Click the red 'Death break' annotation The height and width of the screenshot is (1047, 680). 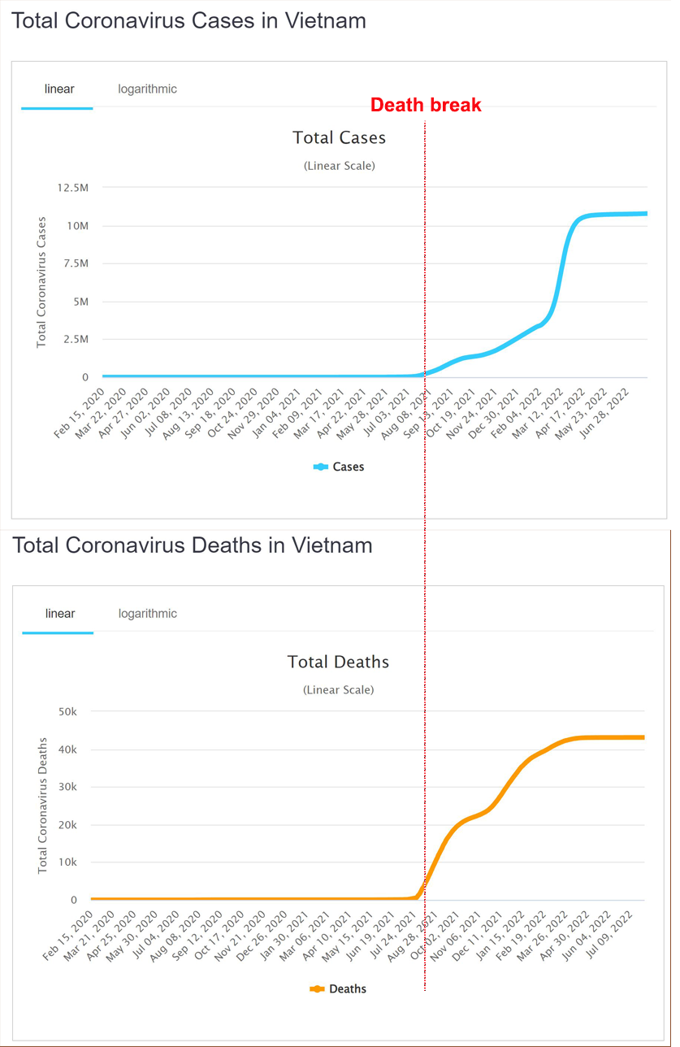click(x=426, y=105)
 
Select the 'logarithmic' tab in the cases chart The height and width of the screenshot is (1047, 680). click(x=147, y=89)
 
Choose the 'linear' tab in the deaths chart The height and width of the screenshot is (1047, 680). click(x=59, y=613)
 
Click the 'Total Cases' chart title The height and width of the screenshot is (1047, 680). click(x=339, y=137)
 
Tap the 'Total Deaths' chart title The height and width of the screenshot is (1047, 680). click(x=338, y=662)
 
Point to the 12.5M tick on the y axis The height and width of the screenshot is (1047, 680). click(x=73, y=188)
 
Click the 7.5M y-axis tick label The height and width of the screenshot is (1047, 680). click(x=76, y=263)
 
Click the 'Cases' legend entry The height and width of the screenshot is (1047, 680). click(x=339, y=467)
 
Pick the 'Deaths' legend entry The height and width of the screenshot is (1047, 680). click(x=339, y=988)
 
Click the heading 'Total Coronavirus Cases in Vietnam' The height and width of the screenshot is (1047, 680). click(x=188, y=20)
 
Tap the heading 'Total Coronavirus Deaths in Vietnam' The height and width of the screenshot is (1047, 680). click(x=193, y=545)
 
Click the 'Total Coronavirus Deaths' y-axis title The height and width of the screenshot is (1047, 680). click(x=43, y=805)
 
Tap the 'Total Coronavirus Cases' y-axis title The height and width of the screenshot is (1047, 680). click(x=41, y=282)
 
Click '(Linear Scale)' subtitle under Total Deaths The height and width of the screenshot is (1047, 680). click(x=338, y=689)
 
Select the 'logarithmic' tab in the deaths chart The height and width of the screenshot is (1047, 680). click(x=147, y=613)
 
